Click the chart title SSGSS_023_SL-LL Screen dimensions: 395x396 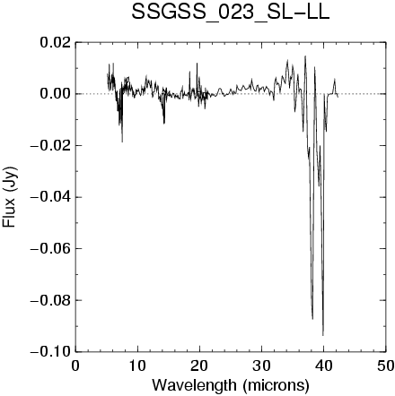coord(231,13)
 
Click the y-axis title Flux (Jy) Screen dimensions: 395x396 coord(9,196)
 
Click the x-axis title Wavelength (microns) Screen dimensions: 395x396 coord(231,385)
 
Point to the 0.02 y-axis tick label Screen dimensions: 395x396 coord(56,43)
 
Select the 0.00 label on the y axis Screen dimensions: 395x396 coord(56,94)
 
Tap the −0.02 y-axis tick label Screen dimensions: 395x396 coord(51,145)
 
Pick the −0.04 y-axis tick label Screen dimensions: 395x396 coord(51,197)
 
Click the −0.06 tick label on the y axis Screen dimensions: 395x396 coord(51,248)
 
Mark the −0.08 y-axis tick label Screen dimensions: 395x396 coord(51,300)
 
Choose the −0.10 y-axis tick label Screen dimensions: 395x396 coord(51,351)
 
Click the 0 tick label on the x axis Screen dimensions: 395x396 coord(75,366)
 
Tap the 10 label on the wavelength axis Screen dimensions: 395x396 coord(137,366)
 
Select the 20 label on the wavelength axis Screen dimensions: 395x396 coord(199,366)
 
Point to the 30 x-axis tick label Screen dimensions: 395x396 coord(261,366)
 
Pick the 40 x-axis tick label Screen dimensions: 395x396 coord(323,366)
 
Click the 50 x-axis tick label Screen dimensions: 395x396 coord(385,366)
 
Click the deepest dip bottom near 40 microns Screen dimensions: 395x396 coord(323,335)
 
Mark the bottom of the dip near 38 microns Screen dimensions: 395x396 coord(312,319)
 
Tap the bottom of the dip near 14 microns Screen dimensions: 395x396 coord(164,124)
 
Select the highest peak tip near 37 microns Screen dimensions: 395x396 coord(305,56)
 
